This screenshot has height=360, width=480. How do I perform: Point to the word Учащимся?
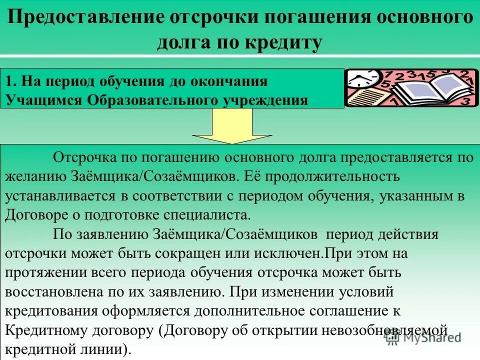tap(44, 99)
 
